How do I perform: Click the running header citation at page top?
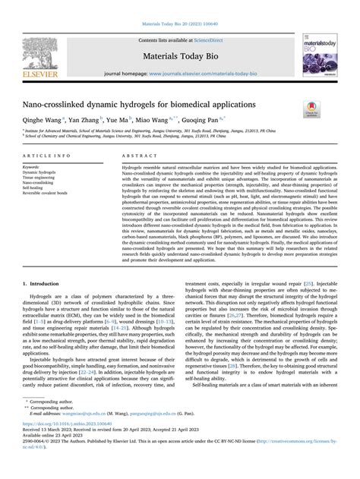click(x=179, y=8)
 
